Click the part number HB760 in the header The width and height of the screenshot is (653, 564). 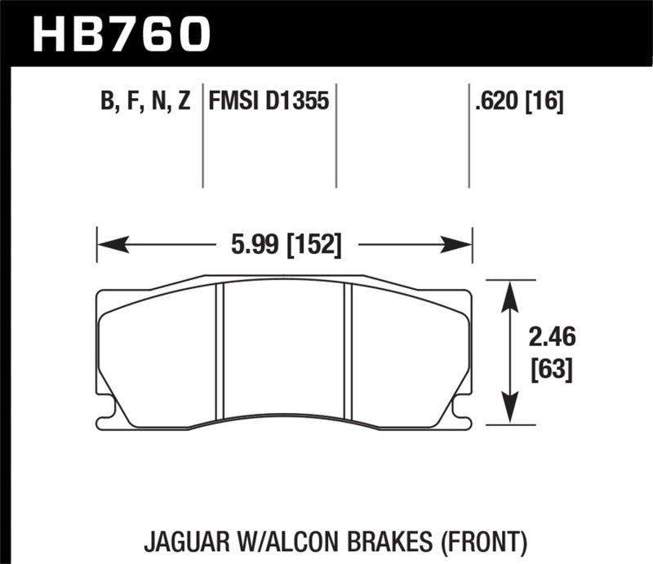(121, 33)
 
